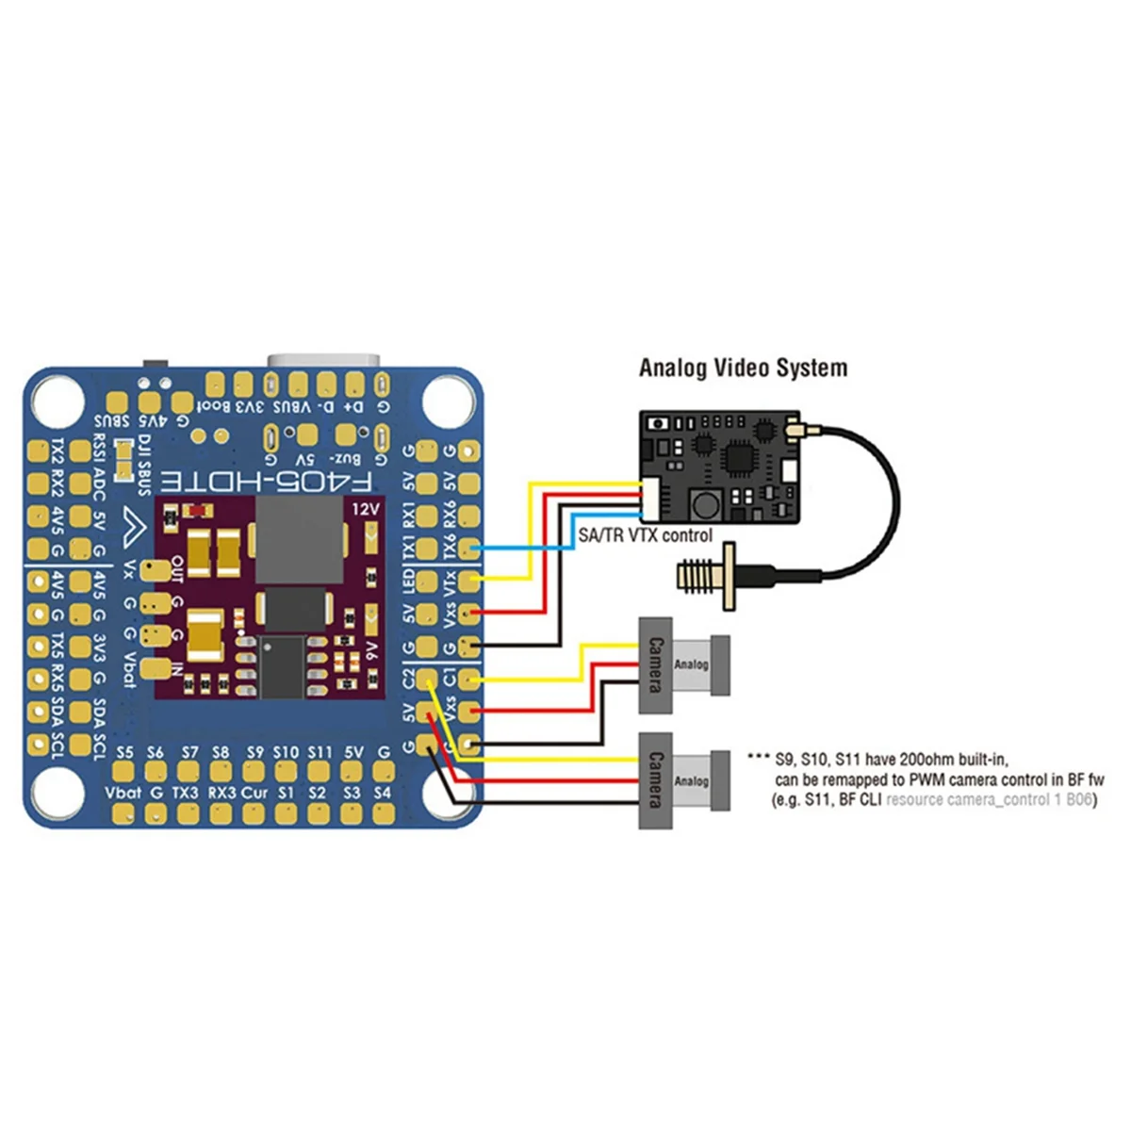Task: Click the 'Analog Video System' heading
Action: [x=743, y=368]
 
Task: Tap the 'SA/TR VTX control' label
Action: [x=646, y=535]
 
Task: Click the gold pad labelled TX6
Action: [x=470, y=549]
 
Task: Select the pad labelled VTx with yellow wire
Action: [x=470, y=581]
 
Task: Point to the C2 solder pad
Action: [x=428, y=679]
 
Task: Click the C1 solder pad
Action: [x=470, y=679]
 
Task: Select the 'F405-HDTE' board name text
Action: [x=269, y=480]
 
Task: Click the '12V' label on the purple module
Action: [x=365, y=509]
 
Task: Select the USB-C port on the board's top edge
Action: [x=323, y=361]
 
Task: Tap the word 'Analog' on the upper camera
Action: [x=692, y=664]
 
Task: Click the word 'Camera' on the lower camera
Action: [x=655, y=780]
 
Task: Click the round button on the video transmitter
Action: [x=703, y=505]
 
